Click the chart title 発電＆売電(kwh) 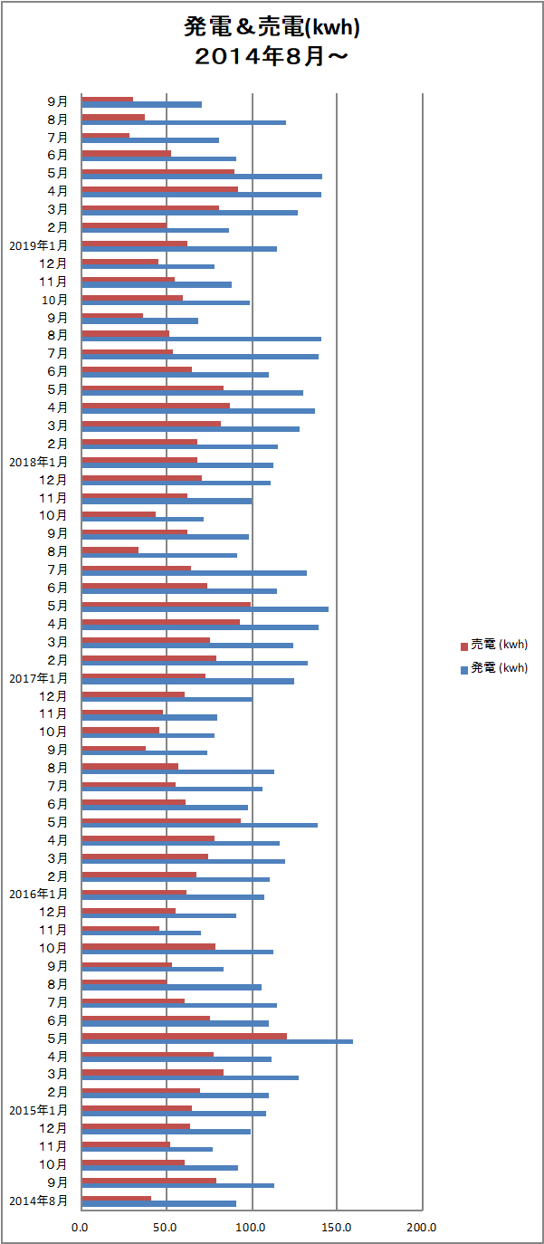(272, 28)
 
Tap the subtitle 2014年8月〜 (272, 56)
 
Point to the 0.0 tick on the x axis (81, 1228)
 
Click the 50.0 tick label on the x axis (166, 1228)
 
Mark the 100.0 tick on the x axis (251, 1228)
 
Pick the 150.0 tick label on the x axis (337, 1228)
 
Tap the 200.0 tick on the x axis (422, 1228)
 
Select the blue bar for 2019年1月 (179, 248)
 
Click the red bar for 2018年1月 (139, 460)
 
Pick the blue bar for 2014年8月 (158, 1203)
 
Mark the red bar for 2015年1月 (137, 1108)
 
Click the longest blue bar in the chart (217, 1041)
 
